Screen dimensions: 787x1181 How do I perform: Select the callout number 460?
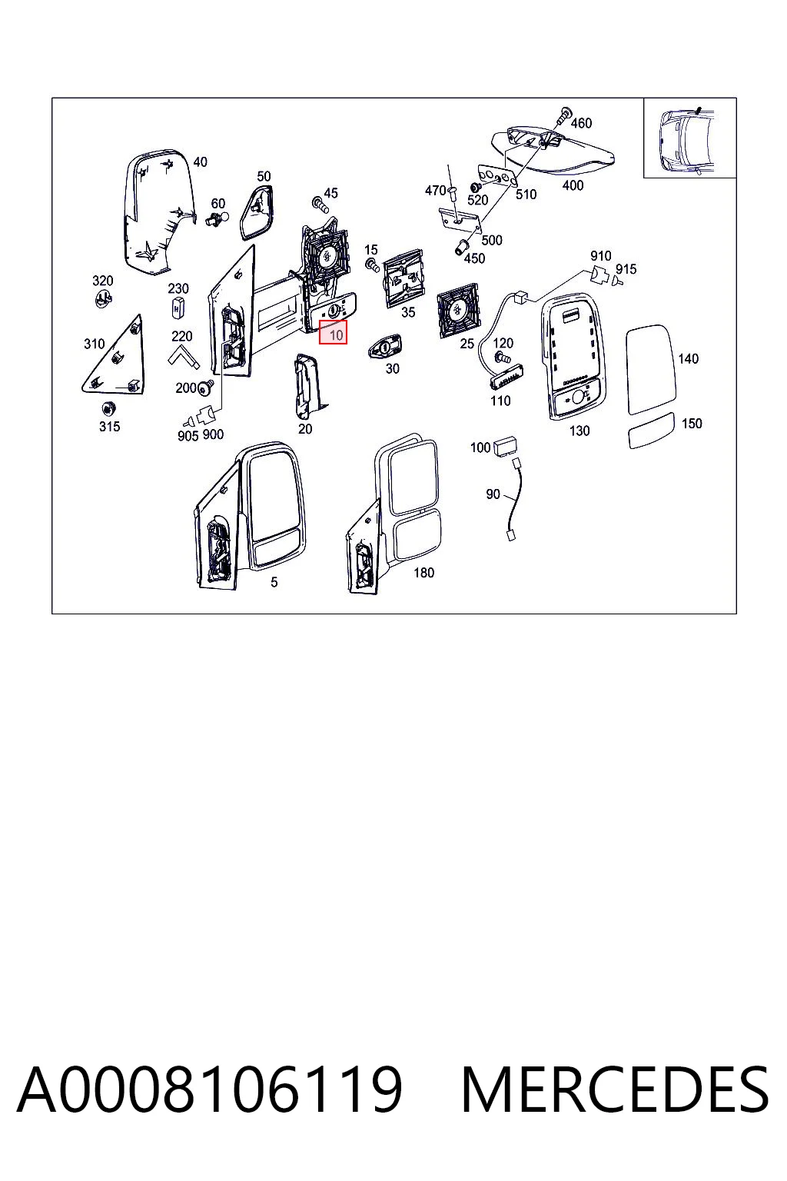coord(581,123)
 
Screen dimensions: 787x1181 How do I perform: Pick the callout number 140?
coord(687,359)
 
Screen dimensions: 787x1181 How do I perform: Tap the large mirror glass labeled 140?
coord(650,369)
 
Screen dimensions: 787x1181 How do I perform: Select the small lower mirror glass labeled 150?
coord(651,431)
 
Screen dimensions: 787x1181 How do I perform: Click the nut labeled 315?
coord(108,408)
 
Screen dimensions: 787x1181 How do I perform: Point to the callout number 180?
coord(423,573)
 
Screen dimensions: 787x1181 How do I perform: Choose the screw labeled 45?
coord(320,205)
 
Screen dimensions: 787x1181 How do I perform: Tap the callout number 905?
coord(188,435)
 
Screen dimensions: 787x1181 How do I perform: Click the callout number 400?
coord(573,185)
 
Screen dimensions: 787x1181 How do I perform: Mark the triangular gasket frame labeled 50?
coord(258,212)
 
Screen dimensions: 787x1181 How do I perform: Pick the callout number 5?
coord(274,582)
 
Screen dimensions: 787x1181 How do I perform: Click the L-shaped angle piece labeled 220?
coord(184,357)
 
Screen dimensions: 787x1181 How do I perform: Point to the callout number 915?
coord(626,269)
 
